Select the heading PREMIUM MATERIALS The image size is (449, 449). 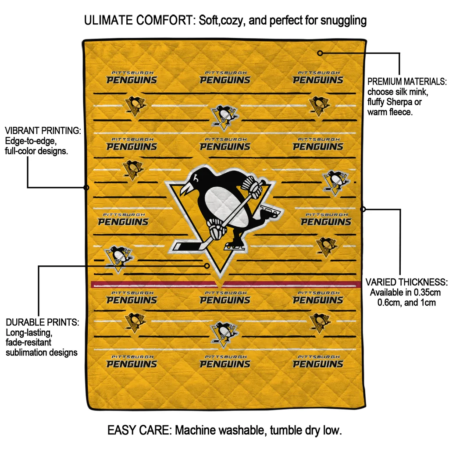[407, 82]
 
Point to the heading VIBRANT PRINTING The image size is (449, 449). [43, 131]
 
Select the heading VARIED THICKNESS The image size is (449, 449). [406, 282]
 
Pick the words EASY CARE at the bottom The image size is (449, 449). [139, 430]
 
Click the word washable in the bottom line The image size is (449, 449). [243, 430]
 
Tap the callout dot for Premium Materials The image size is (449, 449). [320, 53]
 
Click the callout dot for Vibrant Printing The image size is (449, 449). [86, 188]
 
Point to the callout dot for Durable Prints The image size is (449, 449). [207, 266]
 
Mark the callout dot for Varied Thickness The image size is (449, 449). [363, 209]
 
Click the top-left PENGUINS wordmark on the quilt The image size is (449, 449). [132, 80]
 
